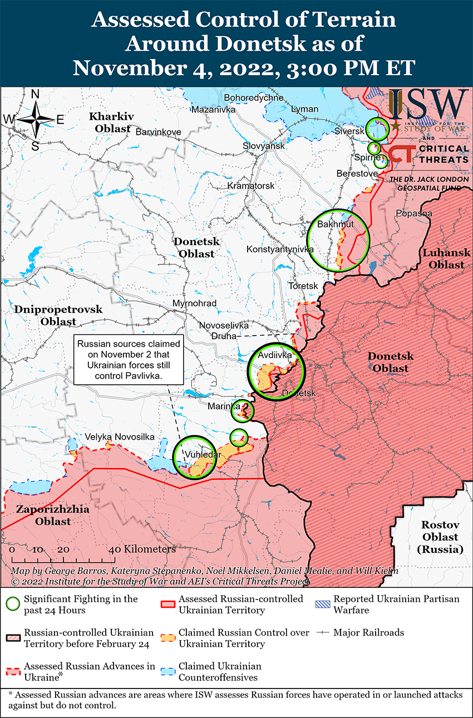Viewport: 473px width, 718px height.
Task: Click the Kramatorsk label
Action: pyautogui.click(x=250, y=185)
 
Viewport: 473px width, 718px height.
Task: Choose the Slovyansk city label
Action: pyautogui.click(x=263, y=146)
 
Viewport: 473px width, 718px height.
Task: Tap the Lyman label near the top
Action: pyautogui.click(x=304, y=109)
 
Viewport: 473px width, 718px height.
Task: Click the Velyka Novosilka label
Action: pyautogui.click(x=119, y=437)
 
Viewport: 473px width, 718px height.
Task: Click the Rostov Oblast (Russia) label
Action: pyautogui.click(x=440, y=537)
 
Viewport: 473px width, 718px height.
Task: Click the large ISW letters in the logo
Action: pyautogui.click(x=428, y=104)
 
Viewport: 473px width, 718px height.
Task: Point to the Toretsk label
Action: pyautogui.click(x=303, y=286)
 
